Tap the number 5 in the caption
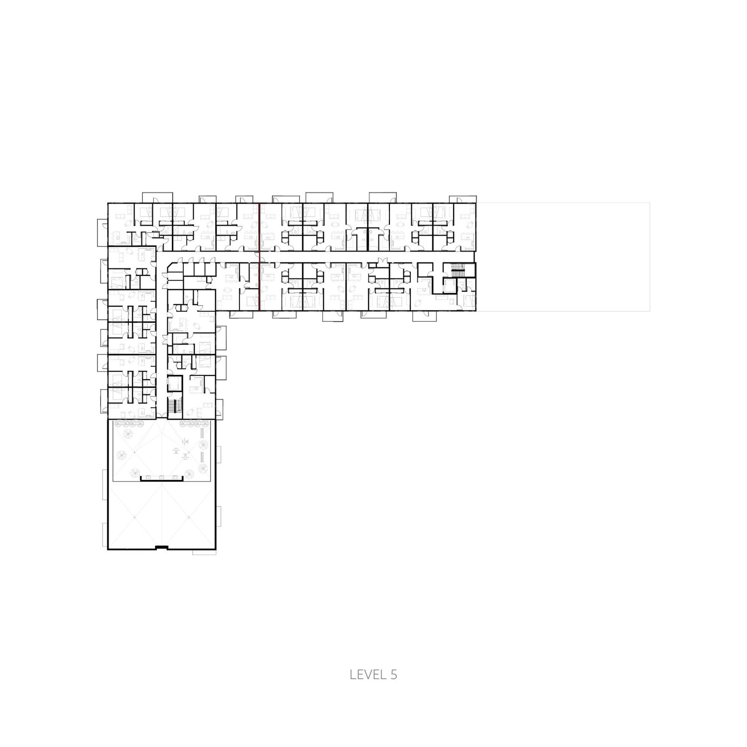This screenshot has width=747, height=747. pyautogui.click(x=393, y=675)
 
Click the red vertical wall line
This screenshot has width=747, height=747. pyautogui.click(x=259, y=256)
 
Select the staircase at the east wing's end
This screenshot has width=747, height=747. pyautogui.click(x=457, y=272)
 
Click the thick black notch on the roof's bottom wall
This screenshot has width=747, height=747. pyautogui.click(x=162, y=548)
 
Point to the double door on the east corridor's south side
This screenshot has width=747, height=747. pyautogui.click(x=381, y=261)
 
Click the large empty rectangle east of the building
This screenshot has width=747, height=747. pyautogui.click(x=563, y=256)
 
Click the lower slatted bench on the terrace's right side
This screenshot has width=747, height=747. pyautogui.click(x=202, y=457)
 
